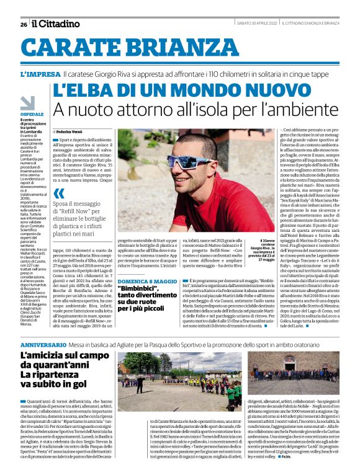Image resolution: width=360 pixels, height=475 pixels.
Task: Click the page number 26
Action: tap(23, 24)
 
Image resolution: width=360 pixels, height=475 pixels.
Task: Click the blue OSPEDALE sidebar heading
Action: tap(32, 115)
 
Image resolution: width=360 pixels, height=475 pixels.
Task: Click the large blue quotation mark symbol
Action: tap(59, 193)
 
